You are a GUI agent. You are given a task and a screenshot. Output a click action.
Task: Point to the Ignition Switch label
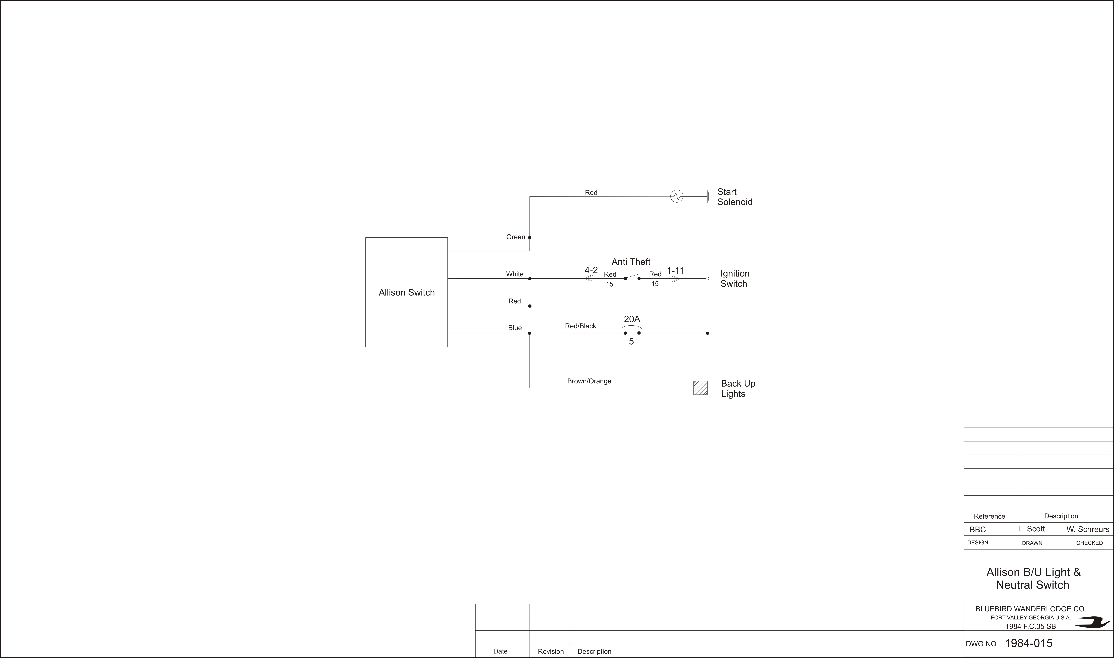tap(735, 278)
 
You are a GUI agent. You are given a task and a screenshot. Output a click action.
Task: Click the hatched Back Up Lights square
tap(700, 388)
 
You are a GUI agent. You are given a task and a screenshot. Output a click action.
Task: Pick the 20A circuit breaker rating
tap(632, 319)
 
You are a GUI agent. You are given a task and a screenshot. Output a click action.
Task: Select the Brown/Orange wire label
tap(589, 381)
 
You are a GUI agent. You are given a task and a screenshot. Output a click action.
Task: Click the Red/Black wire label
tap(581, 326)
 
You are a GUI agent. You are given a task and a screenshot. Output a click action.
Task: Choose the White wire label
tap(515, 274)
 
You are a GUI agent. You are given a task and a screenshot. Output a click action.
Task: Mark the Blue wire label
tap(515, 328)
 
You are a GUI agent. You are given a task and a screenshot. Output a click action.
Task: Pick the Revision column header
tap(551, 651)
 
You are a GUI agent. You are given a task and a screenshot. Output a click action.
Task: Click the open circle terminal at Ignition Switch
tap(707, 278)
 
